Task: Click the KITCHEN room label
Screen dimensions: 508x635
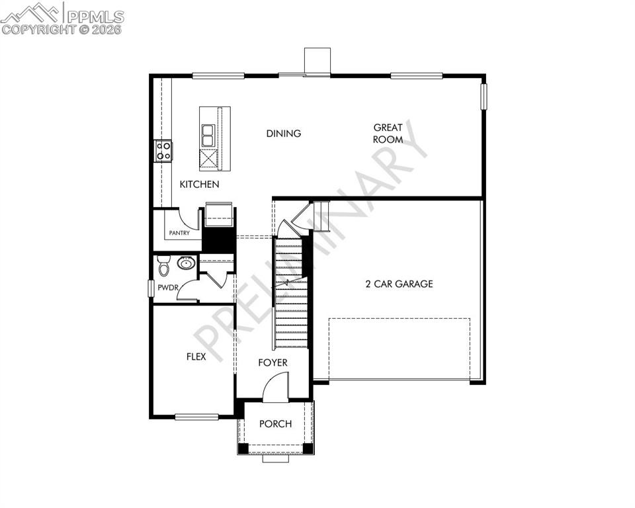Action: [x=199, y=185]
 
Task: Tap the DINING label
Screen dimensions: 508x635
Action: [x=284, y=134]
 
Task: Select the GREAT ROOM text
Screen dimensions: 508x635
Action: [x=388, y=134]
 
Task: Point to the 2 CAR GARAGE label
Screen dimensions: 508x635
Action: [x=400, y=284]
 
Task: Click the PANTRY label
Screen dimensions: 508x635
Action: [x=179, y=233]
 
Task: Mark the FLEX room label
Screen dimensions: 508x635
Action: [x=196, y=357]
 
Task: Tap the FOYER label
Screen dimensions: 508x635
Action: [x=273, y=363]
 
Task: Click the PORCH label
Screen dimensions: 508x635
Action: [x=275, y=424]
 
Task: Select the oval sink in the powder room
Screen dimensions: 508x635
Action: [x=186, y=264]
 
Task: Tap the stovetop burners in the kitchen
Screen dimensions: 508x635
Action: [x=163, y=151]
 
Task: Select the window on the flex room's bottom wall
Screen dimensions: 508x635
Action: [x=196, y=417]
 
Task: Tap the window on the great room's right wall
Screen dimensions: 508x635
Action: [x=484, y=95]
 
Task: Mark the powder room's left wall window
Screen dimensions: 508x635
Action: [x=151, y=289]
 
